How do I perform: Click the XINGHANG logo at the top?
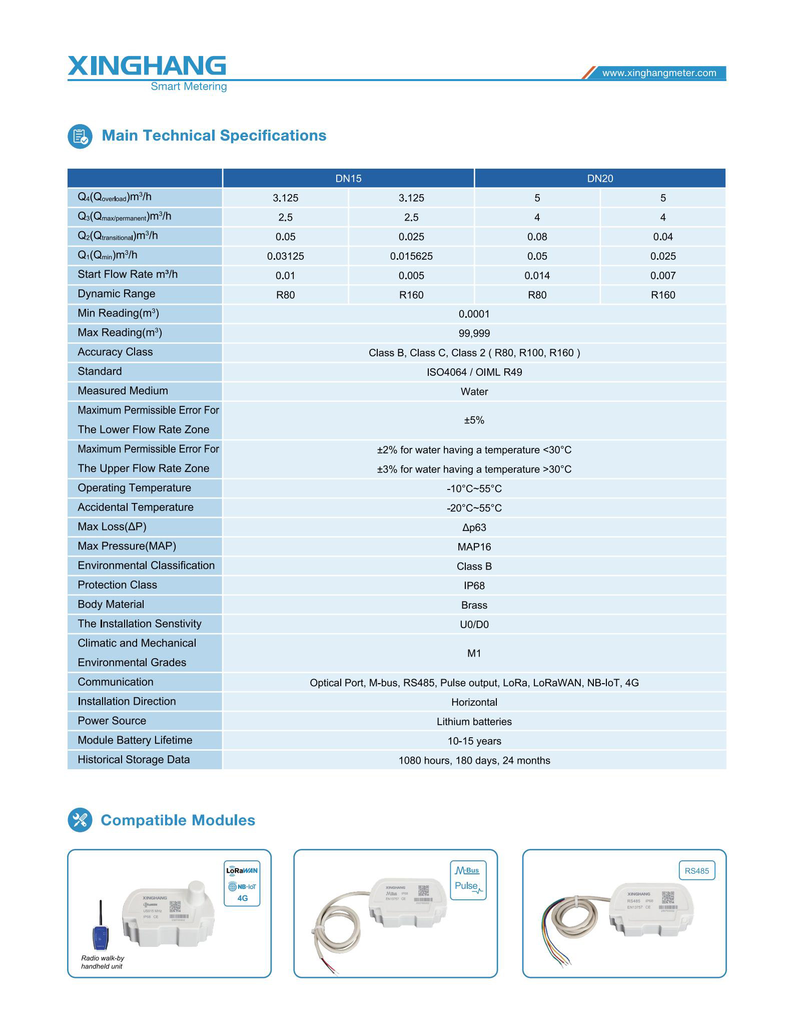[147, 67]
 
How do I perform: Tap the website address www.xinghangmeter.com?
[659, 73]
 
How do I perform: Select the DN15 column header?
[348, 179]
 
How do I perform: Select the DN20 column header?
[600, 179]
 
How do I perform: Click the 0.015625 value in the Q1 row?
[411, 256]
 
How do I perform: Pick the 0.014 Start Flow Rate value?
[537, 276]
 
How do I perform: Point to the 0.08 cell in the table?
[537, 237]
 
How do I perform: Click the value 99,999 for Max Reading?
[474, 334]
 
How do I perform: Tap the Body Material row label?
[111, 605]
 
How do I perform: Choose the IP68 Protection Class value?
[474, 586]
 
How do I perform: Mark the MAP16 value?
[474, 547]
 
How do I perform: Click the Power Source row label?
[112, 721]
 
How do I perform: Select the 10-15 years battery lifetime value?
[474, 741]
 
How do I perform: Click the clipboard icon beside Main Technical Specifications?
[80, 136]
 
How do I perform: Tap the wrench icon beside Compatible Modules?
[80, 820]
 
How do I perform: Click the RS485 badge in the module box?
[696, 871]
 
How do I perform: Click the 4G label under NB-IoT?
[242, 898]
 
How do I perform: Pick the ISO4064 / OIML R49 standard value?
[474, 372]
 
